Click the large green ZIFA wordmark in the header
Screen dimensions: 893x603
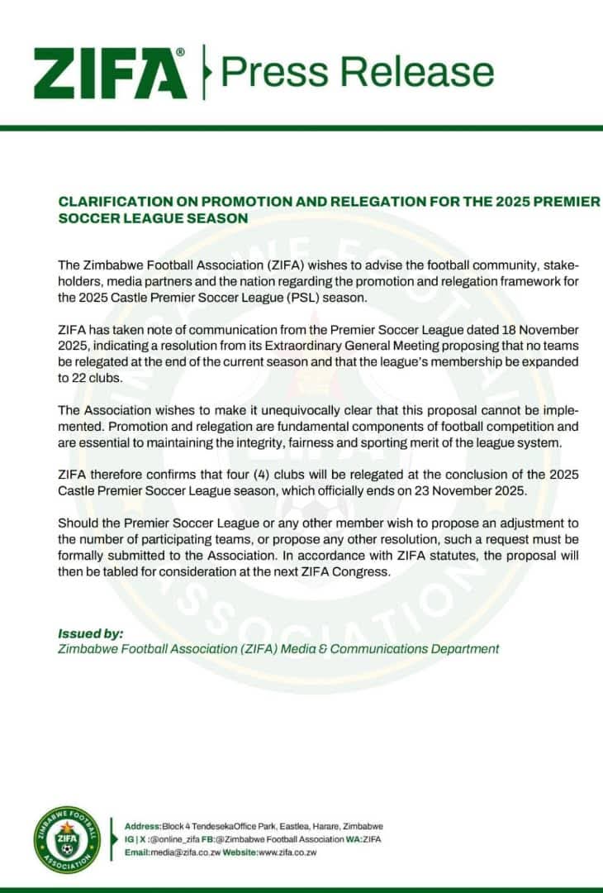tap(110, 73)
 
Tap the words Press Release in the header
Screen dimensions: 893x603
tap(358, 72)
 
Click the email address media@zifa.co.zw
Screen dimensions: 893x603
tap(191, 852)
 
